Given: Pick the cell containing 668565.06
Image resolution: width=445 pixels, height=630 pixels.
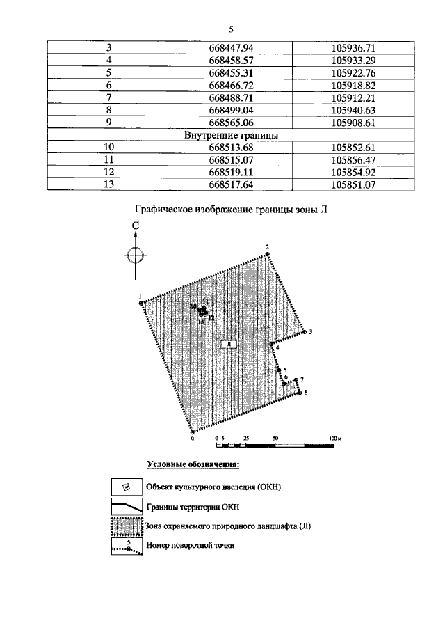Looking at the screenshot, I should [x=229, y=123].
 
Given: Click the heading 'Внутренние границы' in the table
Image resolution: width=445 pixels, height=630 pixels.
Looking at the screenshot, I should [x=230, y=135].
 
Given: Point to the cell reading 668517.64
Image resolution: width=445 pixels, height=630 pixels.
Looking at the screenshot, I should [x=229, y=184].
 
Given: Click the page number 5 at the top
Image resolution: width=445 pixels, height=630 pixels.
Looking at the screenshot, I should [x=230, y=29].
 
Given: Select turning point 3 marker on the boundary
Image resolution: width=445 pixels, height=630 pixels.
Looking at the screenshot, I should [x=305, y=332].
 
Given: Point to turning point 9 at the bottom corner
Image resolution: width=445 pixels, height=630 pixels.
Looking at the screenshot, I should [x=193, y=432].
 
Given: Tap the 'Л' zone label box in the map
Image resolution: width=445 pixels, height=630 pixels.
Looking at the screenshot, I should [x=228, y=343].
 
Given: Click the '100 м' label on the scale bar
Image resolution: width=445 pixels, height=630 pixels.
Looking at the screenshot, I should [x=335, y=439].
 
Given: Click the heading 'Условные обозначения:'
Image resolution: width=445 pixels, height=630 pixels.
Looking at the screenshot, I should [x=193, y=464].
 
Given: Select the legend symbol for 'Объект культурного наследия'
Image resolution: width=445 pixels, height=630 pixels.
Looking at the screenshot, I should [x=127, y=486].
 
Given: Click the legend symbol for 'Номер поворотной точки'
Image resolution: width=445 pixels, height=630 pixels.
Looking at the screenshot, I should [x=127, y=546].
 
